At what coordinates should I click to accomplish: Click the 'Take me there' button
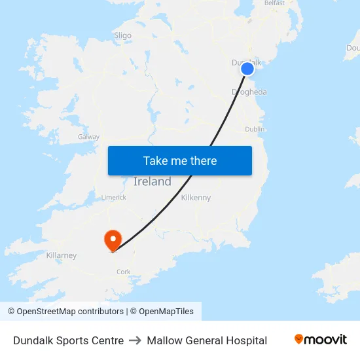180,160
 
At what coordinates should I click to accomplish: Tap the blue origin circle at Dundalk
247,69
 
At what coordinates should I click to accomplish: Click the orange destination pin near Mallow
113,239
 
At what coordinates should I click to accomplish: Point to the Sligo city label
122,35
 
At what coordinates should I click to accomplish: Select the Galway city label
88,137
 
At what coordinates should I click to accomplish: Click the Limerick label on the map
113,197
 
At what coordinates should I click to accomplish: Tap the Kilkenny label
196,197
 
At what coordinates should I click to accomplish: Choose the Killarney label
62,255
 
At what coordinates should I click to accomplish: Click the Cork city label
123,272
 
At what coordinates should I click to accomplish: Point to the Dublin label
255,130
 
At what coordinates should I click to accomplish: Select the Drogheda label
249,92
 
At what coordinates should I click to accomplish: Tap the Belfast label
274,3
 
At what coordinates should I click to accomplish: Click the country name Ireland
153,182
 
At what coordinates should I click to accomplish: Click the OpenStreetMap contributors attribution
65,312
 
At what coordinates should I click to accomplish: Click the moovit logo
320,340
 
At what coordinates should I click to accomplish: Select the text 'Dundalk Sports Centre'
68,340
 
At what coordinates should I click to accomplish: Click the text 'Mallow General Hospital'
207,340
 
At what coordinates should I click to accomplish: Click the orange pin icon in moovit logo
299,339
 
